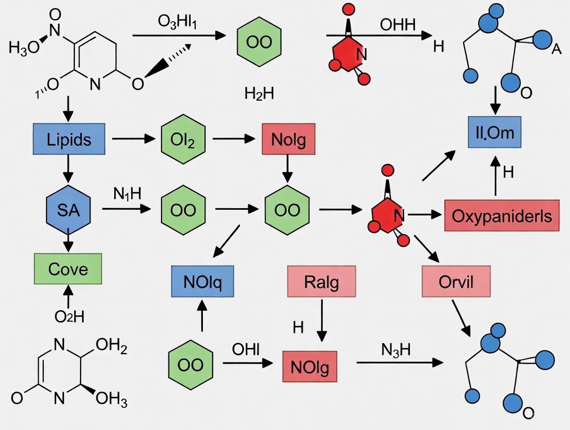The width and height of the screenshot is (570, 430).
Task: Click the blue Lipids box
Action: [x=69, y=140]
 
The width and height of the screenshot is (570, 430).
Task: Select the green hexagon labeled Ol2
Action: [x=183, y=140]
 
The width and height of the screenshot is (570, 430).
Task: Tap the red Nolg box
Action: [x=289, y=140]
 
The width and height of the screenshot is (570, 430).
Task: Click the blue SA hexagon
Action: [x=68, y=210]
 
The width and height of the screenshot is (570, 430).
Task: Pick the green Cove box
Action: [x=68, y=269]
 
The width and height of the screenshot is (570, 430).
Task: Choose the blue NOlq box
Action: [x=202, y=282]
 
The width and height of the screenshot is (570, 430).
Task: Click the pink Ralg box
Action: [x=322, y=282]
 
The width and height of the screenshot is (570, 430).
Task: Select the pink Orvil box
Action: [x=455, y=282]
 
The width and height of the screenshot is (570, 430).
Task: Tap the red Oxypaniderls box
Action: [x=501, y=216]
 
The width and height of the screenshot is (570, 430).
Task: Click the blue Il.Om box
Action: [x=495, y=132]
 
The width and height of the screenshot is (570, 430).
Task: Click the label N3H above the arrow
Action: [x=396, y=350]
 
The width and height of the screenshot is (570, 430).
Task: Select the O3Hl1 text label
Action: [x=178, y=23]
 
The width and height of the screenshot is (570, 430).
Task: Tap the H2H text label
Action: [x=259, y=94]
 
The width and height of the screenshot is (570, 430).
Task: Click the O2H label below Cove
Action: [x=69, y=316]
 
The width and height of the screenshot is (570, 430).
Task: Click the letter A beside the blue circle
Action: [x=556, y=49]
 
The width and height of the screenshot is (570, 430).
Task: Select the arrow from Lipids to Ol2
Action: [x=133, y=139]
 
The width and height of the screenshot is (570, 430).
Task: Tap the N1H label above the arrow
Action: [x=126, y=194]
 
